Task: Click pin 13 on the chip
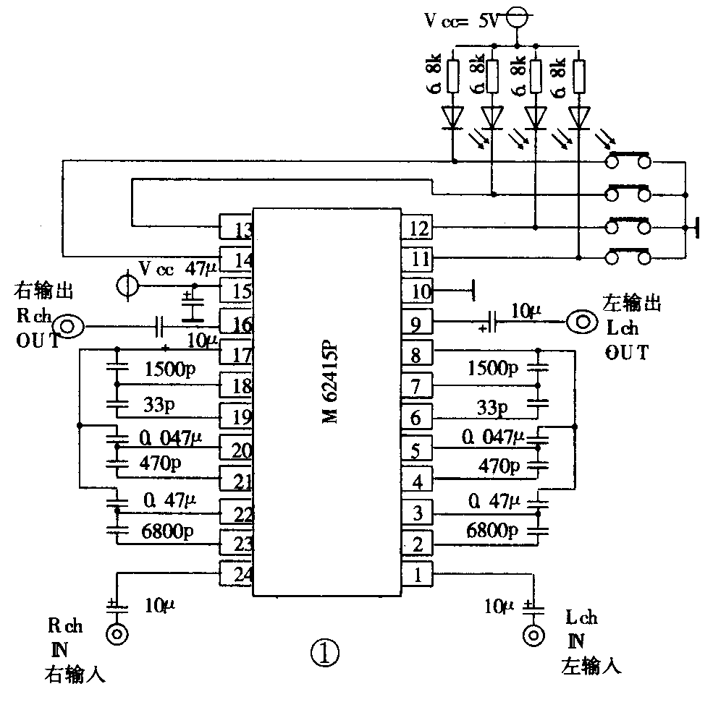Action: click(236, 230)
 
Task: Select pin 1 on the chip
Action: click(417, 576)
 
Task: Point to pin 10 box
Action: click(417, 292)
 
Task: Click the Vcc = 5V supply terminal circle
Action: click(515, 17)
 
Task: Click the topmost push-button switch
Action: click(628, 159)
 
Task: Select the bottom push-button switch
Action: click(628, 256)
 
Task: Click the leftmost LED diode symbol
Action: click(453, 116)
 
